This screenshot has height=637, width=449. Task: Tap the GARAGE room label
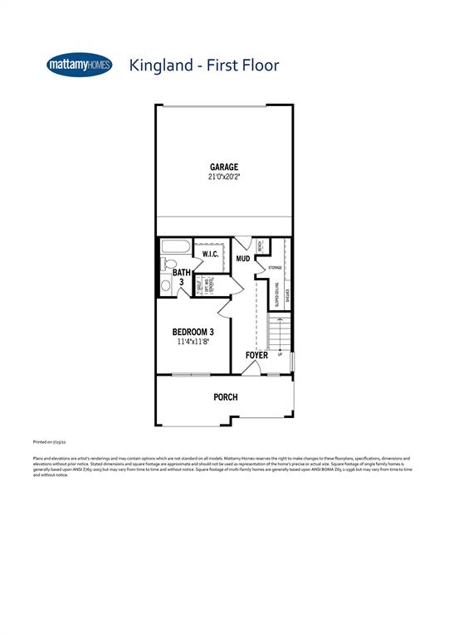[224, 167]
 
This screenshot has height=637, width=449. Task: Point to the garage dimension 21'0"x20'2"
[224, 177]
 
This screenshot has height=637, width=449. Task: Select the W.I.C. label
[210, 254]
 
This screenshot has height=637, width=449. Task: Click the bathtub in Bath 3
[175, 247]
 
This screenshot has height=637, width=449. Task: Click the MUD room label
[243, 259]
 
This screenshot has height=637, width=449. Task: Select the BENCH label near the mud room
[260, 247]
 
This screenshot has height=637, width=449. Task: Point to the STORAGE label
[275, 268]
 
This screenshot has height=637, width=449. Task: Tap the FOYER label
[256, 356]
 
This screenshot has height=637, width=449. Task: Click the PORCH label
[226, 397]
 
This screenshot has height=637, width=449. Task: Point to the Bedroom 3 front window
[192, 375]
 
